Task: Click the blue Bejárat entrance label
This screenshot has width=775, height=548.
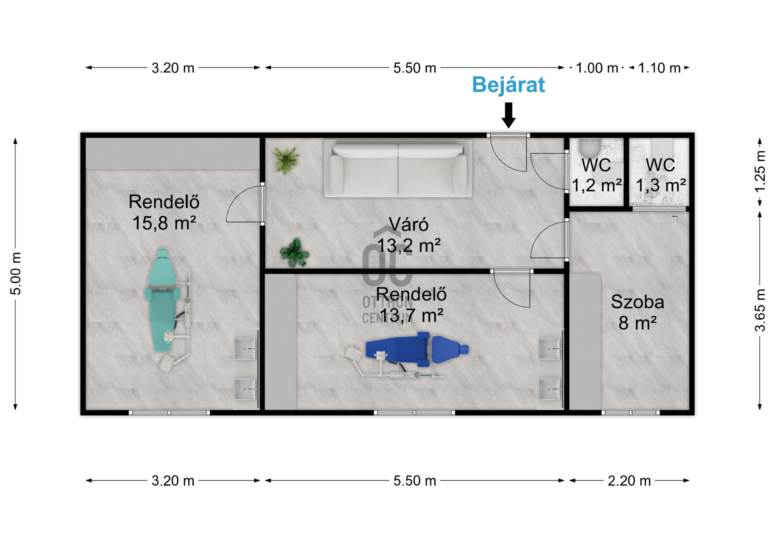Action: [x=508, y=85]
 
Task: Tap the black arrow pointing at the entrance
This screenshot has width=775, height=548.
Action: [x=509, y=115]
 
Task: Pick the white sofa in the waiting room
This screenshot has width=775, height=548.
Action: [x=398, y=168]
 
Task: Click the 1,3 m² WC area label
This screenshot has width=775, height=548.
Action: [x=660, y=175]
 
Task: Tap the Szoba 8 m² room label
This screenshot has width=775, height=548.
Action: [x=637, y=312]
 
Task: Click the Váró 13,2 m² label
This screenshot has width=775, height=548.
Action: [x=408, y=235]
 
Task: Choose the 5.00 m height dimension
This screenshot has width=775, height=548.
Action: [x=16, y=274]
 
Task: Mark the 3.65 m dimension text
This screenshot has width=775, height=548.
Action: [x=760, y=310]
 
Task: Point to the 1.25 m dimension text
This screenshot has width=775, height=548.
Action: [x=760, y=172]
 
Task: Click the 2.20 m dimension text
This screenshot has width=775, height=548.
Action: [x=629, y=481]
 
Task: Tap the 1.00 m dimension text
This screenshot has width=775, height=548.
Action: [x=597, y=68]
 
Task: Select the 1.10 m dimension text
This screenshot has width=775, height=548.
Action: [x=659, y=68]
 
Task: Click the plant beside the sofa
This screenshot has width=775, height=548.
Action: [x=286, y=160]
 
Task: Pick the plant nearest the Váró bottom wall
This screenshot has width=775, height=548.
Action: [x=295, y=252]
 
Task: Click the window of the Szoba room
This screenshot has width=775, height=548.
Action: [x=630, y=412]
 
